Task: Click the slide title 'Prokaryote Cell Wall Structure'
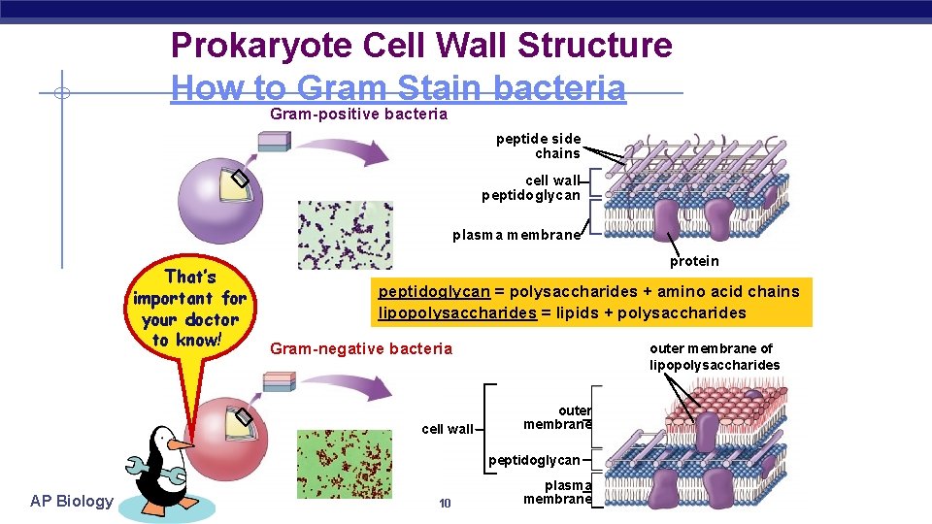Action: pyautogui.click(x=420, y=46)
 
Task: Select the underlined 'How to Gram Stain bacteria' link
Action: pyautogui.click(x=398, y=88)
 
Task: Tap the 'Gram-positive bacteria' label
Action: pyautogui.click(x=358, y=115)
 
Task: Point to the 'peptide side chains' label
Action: pyautogui.click(x=539, y=147)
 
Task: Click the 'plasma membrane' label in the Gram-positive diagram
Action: pyautogui.click(x=516, y=235)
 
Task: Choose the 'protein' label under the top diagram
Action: pyautogui.click(x=694, y=260)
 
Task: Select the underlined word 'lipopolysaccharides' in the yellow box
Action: pyautogui.click(x=457, y=312)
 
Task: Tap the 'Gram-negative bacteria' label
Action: pyautogui.click(x=361, y=348)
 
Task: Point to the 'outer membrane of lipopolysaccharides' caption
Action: pyautogui.click(x=715, y=357)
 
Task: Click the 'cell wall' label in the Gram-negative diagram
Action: pyautogui.click(x=448, y=429)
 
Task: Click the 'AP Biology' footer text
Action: pyautogui.click(x=71, y=501)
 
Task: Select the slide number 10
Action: pyautogui.click(x=445, y=503)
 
